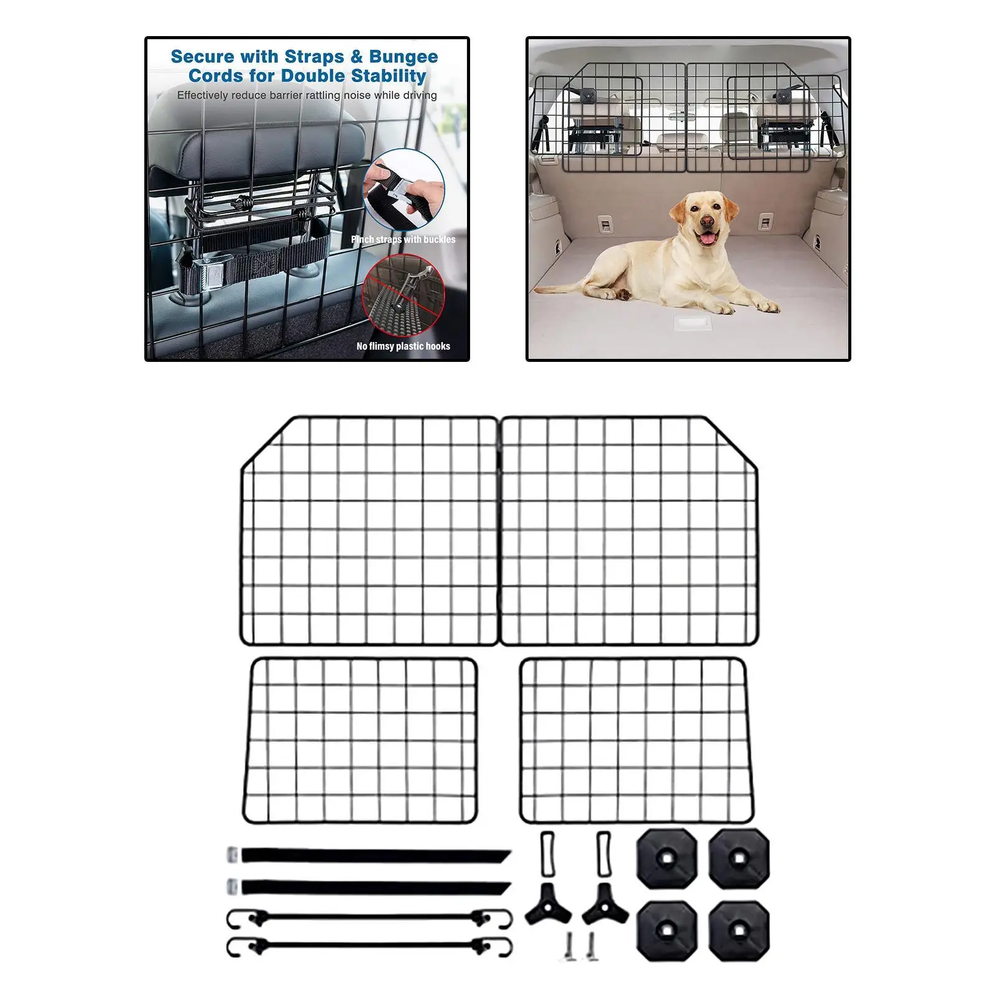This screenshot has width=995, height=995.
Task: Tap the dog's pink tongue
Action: [x=706, y=239]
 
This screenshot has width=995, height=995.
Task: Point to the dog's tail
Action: [x=566, y=288]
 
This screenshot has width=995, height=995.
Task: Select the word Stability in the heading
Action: [x=389, y=76]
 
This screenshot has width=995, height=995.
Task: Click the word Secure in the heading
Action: [x=203, y=57]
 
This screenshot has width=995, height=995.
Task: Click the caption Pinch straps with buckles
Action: [x=403, y=239]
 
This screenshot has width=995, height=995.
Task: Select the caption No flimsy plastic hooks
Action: [x=403, y=346]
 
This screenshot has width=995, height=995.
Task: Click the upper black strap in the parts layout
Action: [x=373, y=856]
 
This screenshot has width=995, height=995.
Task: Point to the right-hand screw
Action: [x=591, y=945]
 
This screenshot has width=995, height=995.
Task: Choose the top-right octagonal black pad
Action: [x=739, y=859]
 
